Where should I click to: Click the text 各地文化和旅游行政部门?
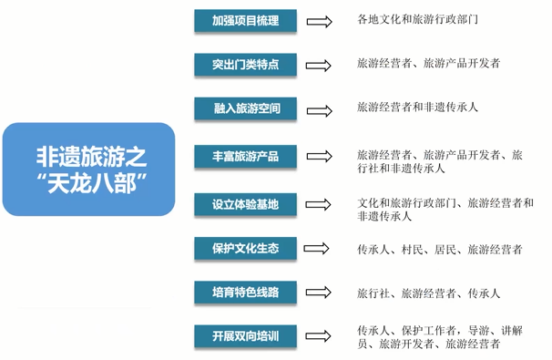(418, 19)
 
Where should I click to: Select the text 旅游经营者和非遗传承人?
(418, 108)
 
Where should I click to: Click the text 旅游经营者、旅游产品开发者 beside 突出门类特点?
(429, 64)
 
